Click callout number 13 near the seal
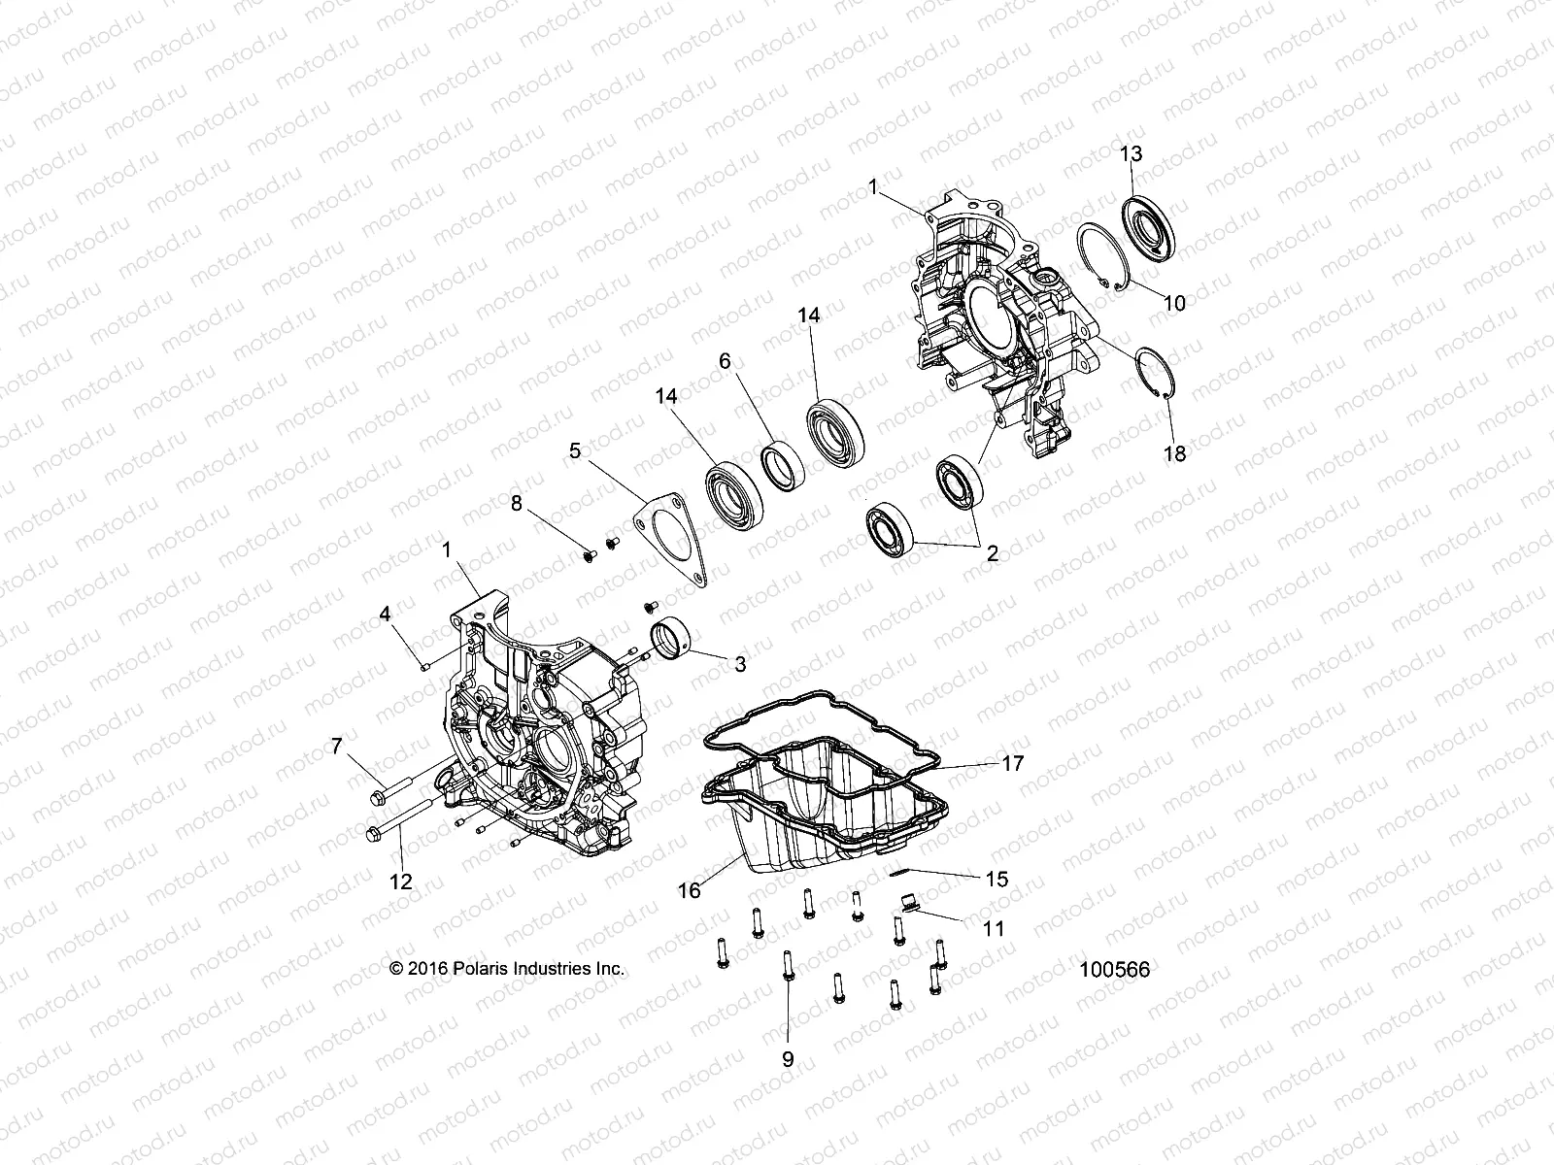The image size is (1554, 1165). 1131,153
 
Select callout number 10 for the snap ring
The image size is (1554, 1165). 1174,303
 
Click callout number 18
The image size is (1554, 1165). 1174,452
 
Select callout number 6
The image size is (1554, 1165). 724,359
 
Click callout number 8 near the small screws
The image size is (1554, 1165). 517,503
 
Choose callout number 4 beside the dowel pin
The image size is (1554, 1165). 385,614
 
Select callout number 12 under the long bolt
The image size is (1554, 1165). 400,882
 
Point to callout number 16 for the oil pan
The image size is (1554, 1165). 689,890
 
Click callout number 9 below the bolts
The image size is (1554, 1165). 787,1059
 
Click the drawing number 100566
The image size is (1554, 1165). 1114,969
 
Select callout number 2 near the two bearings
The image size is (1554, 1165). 992,554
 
